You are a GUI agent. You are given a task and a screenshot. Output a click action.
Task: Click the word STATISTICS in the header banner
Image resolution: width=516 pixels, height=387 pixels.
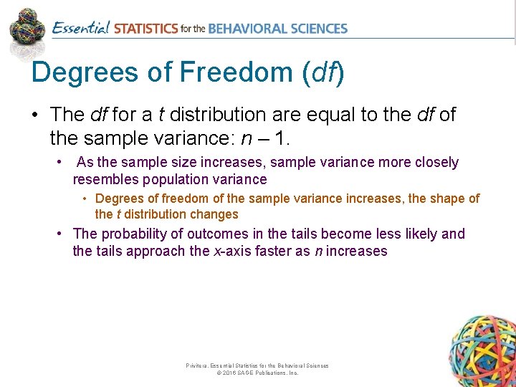(145, 29)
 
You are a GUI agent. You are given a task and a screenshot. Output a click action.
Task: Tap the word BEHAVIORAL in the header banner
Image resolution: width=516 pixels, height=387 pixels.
(246, 29)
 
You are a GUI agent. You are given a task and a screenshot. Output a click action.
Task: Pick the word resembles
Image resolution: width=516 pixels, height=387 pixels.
(104, 180)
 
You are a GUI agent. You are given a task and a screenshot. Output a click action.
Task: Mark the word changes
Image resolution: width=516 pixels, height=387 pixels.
(214, 214)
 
